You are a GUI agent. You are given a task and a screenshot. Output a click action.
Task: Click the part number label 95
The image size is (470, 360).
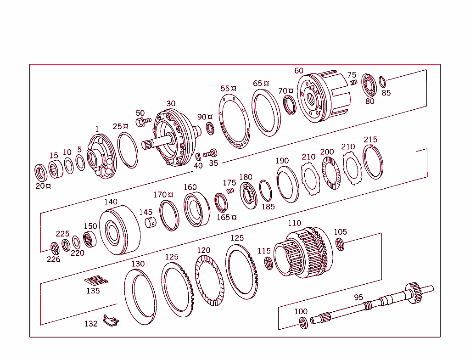[358, 297]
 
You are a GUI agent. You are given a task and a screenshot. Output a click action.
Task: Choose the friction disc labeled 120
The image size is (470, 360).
[209, 281]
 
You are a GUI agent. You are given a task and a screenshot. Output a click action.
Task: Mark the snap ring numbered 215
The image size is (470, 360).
[373, 162]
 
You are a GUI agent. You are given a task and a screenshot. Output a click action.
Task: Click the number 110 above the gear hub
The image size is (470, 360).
[294, 223]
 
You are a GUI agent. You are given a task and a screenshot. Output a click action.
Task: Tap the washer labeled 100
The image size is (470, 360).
[302, 322]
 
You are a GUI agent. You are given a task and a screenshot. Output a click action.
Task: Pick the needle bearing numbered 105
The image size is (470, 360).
[340, 245]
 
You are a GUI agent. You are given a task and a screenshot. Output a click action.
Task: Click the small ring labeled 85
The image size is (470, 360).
[382, 82]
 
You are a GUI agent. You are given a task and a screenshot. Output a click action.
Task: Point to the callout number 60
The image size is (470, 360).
[299, 71]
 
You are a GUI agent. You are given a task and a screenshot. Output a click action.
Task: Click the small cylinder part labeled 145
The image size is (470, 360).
[151, 223]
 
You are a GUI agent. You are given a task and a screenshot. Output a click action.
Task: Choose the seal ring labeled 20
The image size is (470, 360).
[42, 173]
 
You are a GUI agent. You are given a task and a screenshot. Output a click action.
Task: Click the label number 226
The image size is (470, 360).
[53, 259]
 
